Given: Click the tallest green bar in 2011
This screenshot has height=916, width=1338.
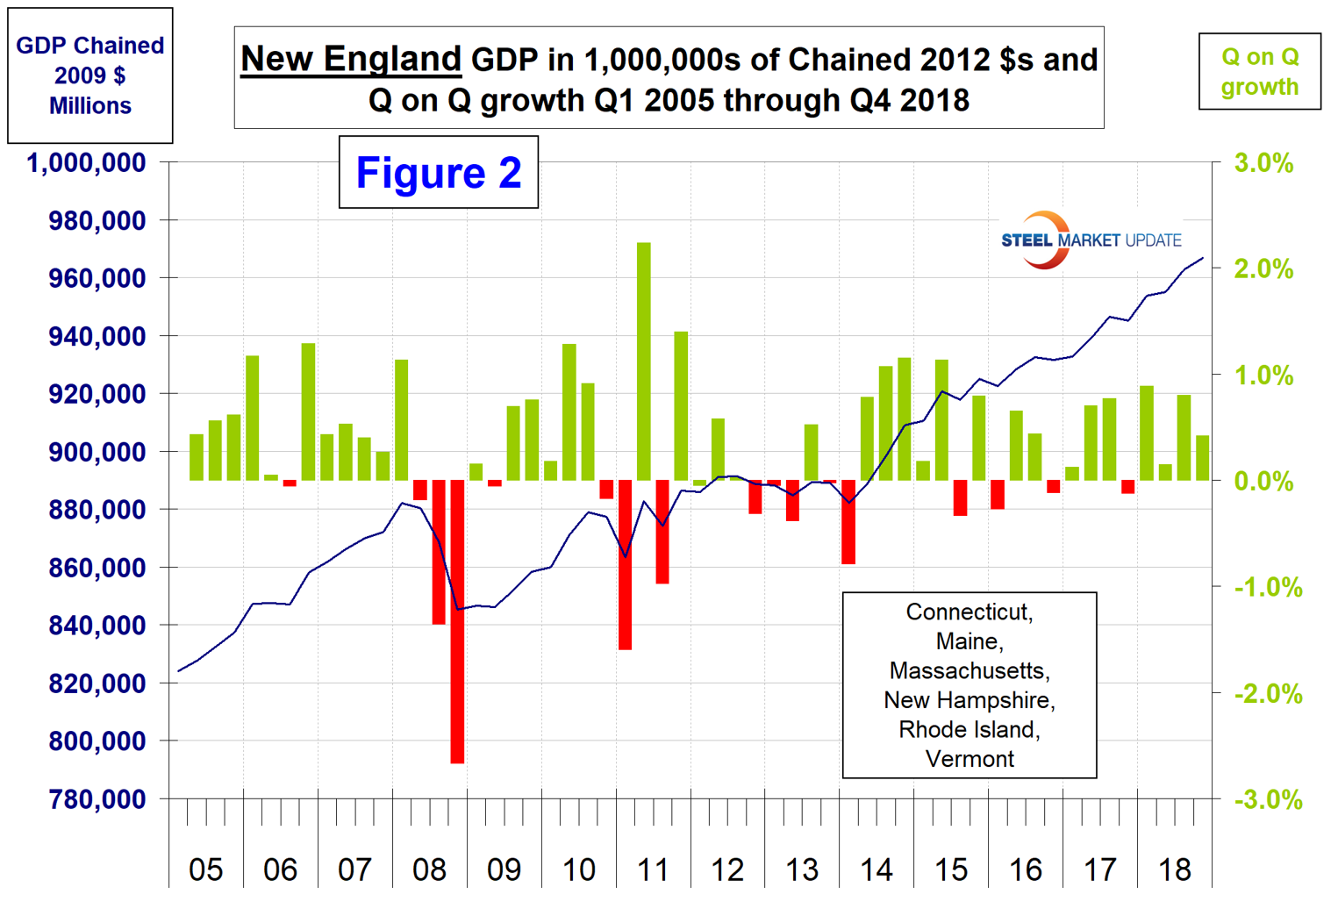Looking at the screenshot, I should (x=644, y=361).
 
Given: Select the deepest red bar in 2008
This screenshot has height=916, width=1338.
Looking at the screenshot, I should (x=457, y=621).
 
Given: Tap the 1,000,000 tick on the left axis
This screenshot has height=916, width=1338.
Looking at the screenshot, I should (x=86, y=163).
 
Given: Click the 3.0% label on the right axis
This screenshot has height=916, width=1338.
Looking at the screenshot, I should (x=1263, y=163).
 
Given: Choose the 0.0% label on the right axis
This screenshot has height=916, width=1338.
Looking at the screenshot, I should (x=1263, y=482).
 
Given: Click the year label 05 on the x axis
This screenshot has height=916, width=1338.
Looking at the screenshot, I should (x=206, y=869).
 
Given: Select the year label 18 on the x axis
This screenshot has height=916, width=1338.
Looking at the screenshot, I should (x=1175, y=869).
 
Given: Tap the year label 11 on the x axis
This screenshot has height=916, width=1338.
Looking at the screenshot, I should (x=653, y=869).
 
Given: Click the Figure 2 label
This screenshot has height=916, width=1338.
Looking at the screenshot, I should (x=439, y=172).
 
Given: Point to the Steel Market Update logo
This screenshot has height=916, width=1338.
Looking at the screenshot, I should (x=1091, y=240).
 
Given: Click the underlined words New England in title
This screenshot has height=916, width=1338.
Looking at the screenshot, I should (x=351, y=60).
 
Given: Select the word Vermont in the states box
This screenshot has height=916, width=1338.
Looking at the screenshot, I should (x=970, y=759).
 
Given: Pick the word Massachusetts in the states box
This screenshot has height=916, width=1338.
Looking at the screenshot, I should (x=970, y=671).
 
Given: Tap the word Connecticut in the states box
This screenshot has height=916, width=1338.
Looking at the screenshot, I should (x=970, y=612).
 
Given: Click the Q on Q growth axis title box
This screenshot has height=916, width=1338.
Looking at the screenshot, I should (x=1260, y=72).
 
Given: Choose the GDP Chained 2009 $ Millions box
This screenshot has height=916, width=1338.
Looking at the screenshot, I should (x=90, y=75).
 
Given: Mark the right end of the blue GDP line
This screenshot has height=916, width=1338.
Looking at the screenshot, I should (x=1202, y=258).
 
